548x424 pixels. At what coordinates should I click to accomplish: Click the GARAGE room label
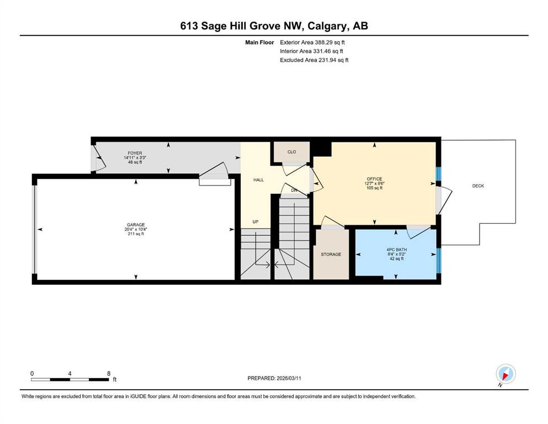point(136,225)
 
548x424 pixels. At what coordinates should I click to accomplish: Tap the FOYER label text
point(135,153)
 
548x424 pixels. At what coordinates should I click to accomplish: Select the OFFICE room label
point(374,179)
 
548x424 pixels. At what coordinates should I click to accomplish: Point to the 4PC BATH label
point(397,250)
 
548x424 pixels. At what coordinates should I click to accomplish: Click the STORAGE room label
point(331,254)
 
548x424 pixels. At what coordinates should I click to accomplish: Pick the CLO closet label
point(292,152)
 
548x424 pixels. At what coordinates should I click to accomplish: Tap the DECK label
point(478,186)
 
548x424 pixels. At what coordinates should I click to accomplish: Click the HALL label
point(259,179)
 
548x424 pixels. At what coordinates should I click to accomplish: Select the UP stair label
point(256,221)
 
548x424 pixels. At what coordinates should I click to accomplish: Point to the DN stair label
point(294,190)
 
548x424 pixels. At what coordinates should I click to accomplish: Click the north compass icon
point(506,374)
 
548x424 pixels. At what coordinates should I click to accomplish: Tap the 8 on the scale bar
point(109,373)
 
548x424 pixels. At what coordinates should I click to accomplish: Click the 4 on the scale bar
point(70,373)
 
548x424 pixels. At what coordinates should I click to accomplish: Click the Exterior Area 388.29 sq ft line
point(312,43)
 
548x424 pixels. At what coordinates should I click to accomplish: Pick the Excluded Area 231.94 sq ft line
point(314,60)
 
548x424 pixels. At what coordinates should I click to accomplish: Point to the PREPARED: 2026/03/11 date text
point(274,378)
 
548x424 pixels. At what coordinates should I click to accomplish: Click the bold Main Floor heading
point(260,43)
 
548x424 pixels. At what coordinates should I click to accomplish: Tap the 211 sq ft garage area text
point(136,234)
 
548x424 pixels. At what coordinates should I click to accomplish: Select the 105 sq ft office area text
point(374,188)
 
